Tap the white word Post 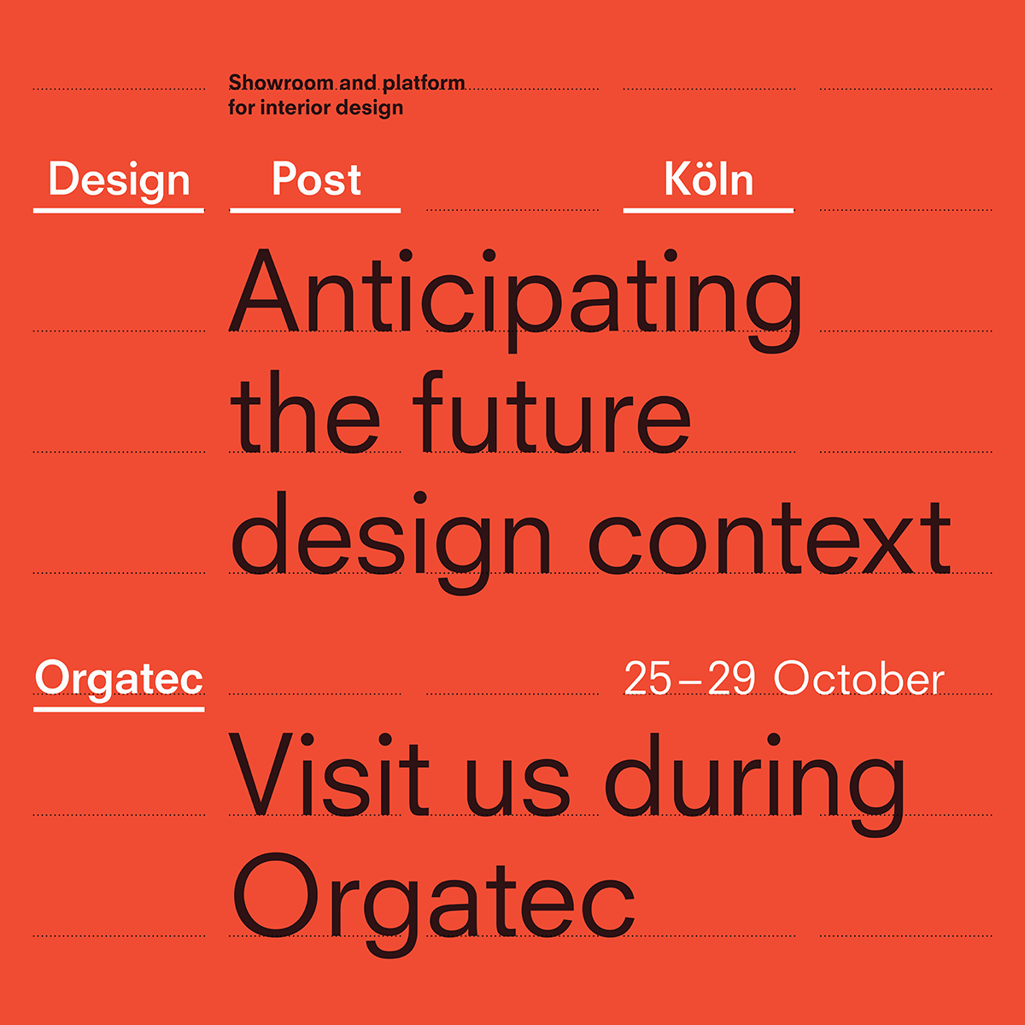[x=317, y=179]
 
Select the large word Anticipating [x=515, y=299]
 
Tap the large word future [x=552, y=413]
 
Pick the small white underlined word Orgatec [x=119, y=681]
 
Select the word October [x=858, y=677]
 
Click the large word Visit [x=329, y=774]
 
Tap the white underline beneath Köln [x=708, y=211]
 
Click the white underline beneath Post [x=315, y=211]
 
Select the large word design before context [x=391, y=542]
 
